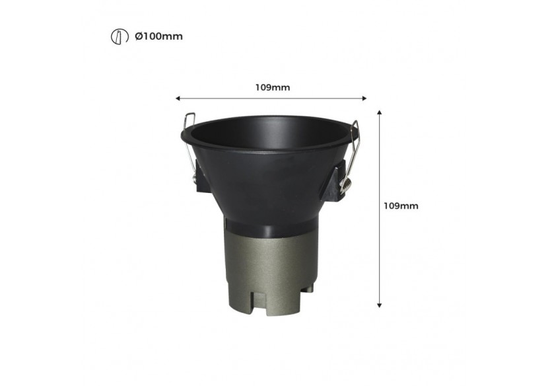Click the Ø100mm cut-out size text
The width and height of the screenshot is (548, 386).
point(158,36)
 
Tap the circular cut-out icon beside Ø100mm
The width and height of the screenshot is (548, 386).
point(117,36)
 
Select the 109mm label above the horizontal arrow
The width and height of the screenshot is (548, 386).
point(272,87)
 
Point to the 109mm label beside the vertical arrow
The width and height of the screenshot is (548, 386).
point(401,206)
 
